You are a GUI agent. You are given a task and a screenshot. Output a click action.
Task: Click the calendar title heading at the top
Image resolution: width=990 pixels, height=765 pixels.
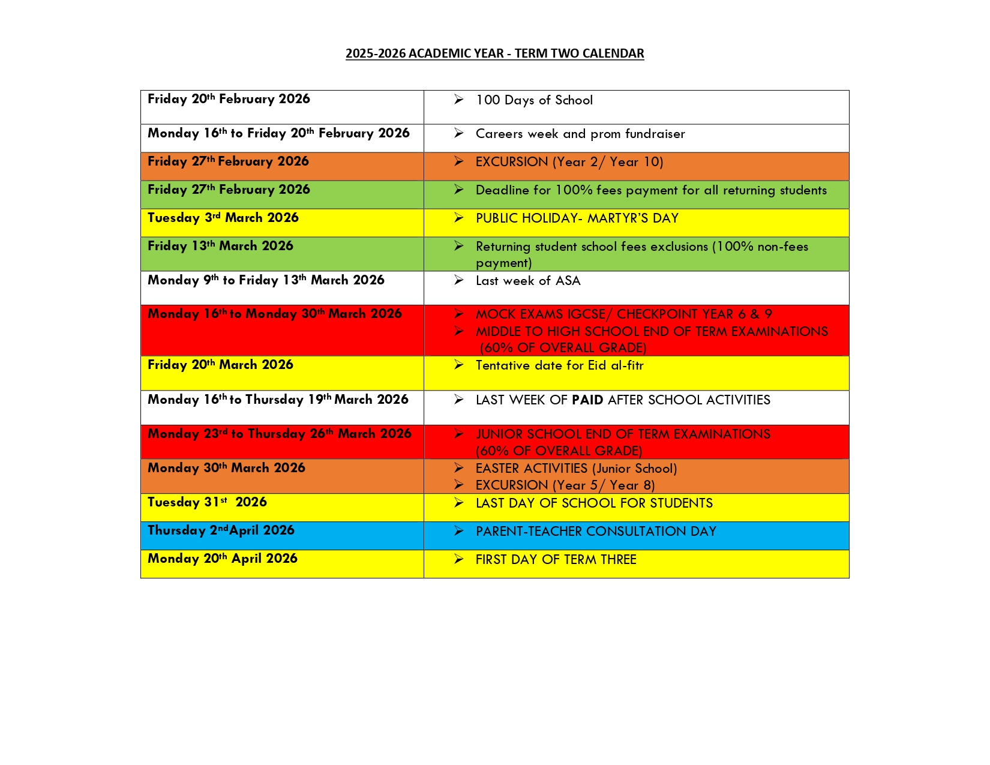click(494, 53)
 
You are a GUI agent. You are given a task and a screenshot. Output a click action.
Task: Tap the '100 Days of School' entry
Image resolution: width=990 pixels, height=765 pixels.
click(533, 100)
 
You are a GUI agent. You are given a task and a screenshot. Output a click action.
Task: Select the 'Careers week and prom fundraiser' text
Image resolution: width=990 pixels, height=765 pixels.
click(580, 134)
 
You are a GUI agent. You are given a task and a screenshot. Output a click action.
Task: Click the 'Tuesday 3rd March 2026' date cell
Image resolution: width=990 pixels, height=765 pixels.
click(223, 218)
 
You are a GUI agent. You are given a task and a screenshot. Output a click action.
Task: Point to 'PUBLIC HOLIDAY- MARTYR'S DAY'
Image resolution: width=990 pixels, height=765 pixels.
click(577, 218)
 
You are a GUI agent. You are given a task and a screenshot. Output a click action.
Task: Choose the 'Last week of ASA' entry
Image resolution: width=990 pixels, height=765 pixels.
click(527, 281)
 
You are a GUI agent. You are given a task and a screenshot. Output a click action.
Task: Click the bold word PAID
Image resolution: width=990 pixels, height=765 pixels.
click(587, 400)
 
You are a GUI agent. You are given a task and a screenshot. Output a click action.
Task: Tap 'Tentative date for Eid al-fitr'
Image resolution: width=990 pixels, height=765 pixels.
click(559, 365)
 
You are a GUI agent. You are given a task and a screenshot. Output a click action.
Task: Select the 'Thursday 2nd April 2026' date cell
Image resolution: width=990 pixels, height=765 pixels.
click(221, 530)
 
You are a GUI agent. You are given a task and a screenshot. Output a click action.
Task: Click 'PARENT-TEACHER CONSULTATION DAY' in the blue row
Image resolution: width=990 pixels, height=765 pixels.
click(596, 532)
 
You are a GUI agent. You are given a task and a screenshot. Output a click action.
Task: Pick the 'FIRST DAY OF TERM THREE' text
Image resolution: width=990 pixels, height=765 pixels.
click(556, 560)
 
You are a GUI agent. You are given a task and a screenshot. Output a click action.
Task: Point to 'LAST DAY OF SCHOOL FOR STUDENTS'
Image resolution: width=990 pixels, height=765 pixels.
click(594, 503)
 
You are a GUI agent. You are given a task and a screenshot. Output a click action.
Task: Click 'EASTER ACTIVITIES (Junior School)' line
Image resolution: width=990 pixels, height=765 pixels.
click(576, 469)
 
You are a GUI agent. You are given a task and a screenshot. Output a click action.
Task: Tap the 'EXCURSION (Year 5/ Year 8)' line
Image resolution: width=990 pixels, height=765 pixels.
click(565, 485)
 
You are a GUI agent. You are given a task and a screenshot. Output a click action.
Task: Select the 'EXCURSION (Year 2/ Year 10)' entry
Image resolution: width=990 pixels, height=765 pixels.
click(569, 162)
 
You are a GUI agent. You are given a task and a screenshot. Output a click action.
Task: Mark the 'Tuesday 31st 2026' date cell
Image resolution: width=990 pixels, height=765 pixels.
click(207, 502)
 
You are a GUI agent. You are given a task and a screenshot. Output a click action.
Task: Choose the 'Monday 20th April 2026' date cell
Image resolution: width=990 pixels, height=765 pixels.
click(223, 559)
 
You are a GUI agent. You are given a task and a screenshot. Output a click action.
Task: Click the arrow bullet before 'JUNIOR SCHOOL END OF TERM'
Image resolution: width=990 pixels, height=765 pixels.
click(459, 434)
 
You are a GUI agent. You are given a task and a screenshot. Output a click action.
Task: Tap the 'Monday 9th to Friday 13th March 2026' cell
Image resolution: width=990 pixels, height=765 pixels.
click(266, 280)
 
